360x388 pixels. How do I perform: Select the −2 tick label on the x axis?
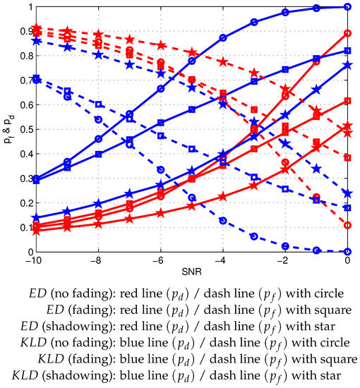(x=284, y=261)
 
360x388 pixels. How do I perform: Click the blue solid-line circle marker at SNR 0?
(x=348, y=7)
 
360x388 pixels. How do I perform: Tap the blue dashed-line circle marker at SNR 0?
(x=348, y=251)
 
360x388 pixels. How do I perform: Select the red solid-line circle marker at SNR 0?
(x=348, y=33)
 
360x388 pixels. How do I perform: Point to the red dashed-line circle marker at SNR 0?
(x=348, y=225)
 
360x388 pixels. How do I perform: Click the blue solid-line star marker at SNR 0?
(x=348, y=65)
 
